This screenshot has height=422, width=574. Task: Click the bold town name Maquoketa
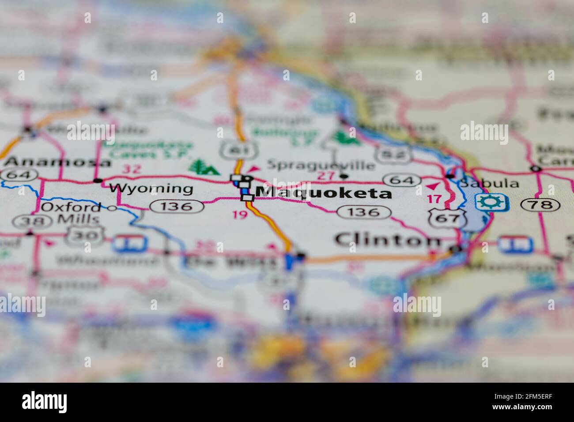click(x=324, y=193)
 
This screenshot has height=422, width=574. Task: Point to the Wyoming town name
click(x=151, y=189)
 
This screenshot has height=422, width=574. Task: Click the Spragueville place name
click(x=321, y=166)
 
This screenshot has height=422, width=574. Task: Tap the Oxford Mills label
click(x=72, y=213)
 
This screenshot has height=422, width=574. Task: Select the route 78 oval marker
click(x=540, y=204)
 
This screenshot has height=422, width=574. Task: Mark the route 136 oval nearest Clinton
click(x=364, y=212)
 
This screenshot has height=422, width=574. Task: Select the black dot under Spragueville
click(x=344, y=177)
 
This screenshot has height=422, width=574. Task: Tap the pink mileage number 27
click(x=326, y=176)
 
